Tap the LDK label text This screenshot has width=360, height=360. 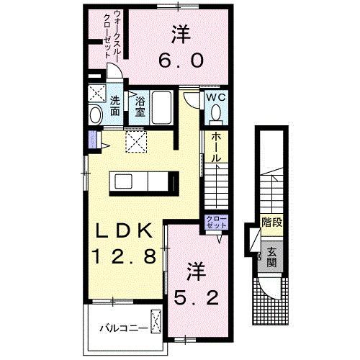[122, 232]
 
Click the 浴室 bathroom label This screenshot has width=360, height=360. [140, 106]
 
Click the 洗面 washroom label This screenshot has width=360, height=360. [115, 106]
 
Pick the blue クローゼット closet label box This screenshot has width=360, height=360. [216, 222]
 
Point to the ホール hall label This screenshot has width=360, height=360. [216, 148]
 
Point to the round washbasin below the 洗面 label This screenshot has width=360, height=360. [96, 116]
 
